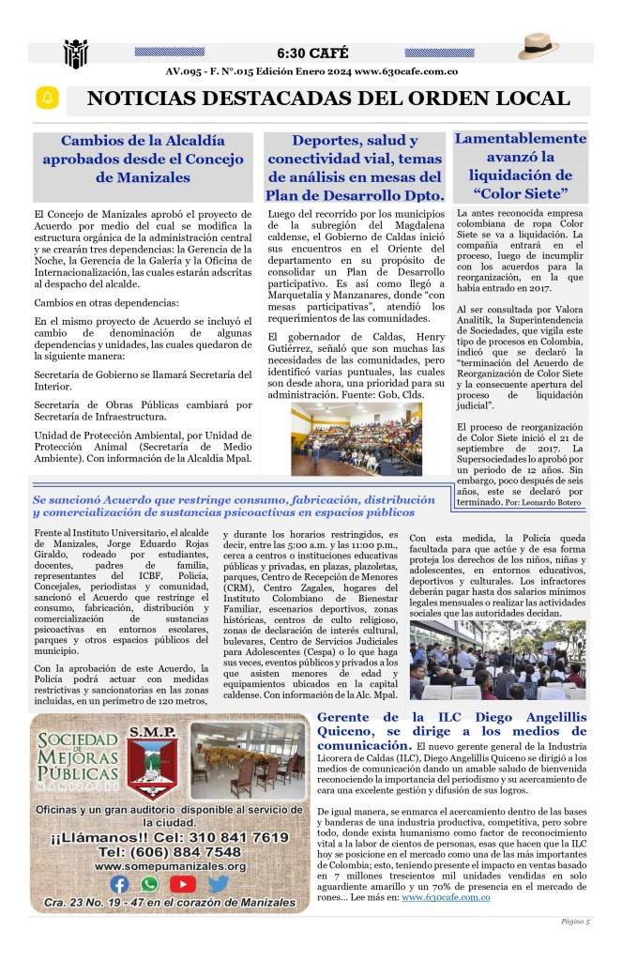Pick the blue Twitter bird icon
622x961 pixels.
click(x=218, y=883)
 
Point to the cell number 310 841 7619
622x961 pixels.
click(x=222, y=836)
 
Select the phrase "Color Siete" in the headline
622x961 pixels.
click(x=521, y=193)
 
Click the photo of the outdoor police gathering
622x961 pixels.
click(x=498, y=659)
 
